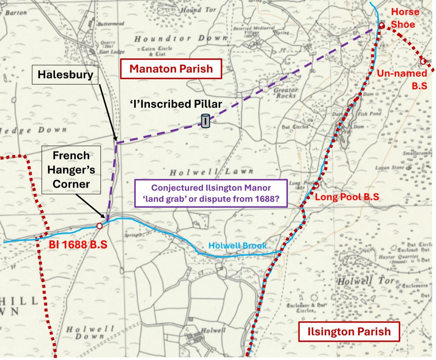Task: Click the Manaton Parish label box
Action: [x=171, y=69]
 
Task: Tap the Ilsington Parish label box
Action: [x=349, y=331]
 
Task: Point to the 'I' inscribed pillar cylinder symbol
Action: [x=205, y=121]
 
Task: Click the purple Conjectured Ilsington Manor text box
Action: [x=211, y=193]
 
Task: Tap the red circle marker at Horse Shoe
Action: [x=382, y=26]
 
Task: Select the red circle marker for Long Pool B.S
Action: [x=316, y=185]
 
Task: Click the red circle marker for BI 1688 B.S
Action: [x=99, y=226]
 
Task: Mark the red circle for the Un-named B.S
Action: [x=423, y=61]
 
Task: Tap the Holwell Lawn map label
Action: [x=195, y=173]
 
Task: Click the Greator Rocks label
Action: [x=285, y=93]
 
